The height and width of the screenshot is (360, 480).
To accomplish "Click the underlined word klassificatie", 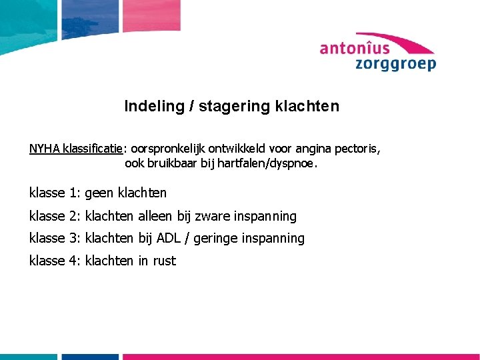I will tap(96, 149).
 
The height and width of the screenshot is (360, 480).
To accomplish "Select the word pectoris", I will tap(360, 149).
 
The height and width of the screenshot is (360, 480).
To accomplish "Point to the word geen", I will tap(99, 193).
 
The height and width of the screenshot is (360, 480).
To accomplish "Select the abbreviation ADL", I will tap(170, 238).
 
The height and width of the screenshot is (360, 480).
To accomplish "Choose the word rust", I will tap(164, 261).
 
